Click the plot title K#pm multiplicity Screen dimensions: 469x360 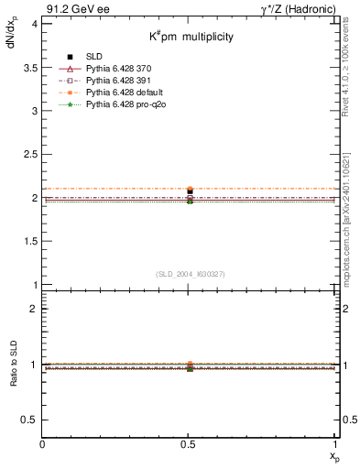click(191, 38)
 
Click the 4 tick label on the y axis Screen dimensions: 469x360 click(34, 24)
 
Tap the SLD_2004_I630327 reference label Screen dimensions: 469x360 click(191, 274)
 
